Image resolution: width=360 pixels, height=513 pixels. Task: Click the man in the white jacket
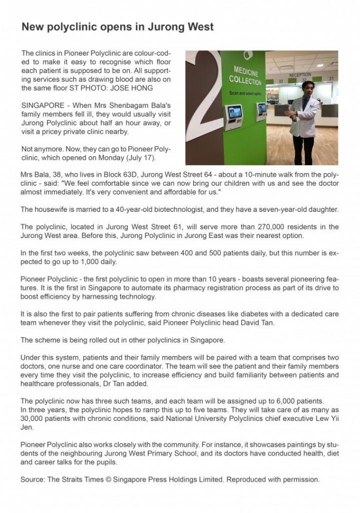(x=303, y=120)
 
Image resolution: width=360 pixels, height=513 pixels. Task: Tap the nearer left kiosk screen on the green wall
(x=234, y=112)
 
